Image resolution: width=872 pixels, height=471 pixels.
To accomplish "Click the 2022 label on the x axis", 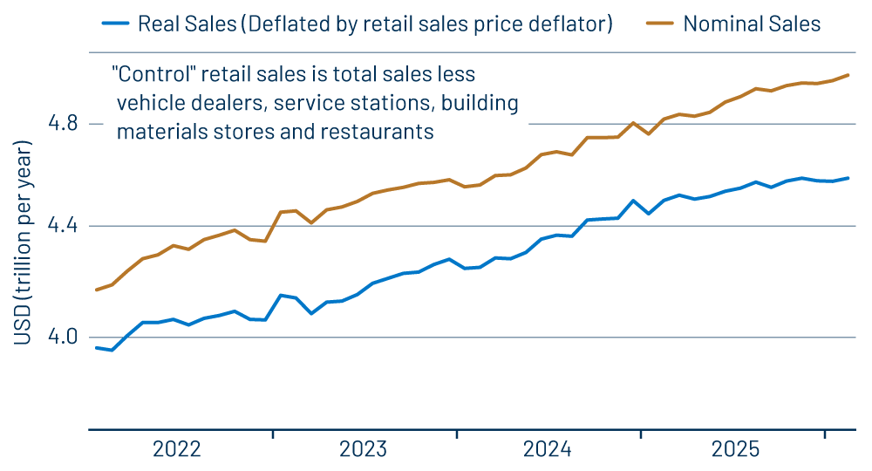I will tap(176, 449).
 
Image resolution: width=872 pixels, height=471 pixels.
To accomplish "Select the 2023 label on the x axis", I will tap(363, 449).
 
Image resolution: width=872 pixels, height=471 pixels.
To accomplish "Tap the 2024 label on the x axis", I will tap(548, 449).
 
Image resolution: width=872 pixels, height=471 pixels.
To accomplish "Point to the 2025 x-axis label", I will tap(735, 449).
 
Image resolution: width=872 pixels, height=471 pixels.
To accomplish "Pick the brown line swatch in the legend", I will tap(657, 24).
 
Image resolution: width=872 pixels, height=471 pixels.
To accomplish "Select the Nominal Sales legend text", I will tap(752, 24).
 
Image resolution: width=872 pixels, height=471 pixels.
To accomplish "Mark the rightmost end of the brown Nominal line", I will tap(848, 75).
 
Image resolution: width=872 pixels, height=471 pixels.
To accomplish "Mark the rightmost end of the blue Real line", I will tap(848, 178).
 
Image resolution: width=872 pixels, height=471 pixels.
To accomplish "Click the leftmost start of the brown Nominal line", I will tap(97, 290).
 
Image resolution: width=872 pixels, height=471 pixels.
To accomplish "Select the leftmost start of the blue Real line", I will tap(97, 348).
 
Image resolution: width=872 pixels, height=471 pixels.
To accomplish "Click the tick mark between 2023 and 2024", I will tap(457, 433).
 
